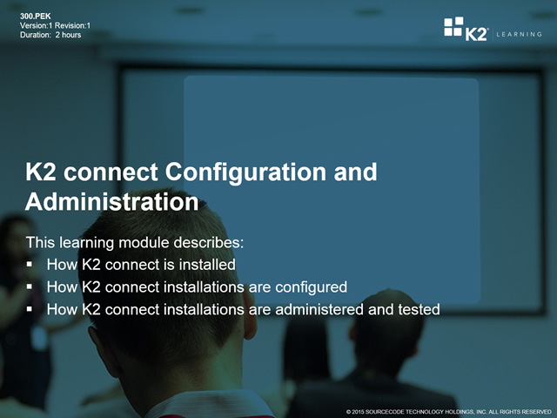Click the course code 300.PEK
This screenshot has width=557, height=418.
point(36,17)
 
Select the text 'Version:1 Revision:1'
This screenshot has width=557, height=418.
point(55,25)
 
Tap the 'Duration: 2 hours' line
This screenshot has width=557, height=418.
point(50,35)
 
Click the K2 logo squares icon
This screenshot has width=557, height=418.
point(453,26)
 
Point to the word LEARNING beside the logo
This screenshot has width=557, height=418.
point(519,35)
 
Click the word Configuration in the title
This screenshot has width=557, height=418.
point(245,173)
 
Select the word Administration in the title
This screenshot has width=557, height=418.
point(112,202)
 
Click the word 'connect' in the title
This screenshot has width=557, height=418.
point(111,172)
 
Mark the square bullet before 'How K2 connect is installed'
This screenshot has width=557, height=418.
point(30,265)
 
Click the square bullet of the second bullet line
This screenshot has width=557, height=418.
point(30,287)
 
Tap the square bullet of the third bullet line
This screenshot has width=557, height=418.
point(30,309)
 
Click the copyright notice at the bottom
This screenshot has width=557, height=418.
point(449,412)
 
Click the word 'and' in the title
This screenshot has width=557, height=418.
point(355,172)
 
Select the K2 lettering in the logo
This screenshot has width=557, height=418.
point(476,35)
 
